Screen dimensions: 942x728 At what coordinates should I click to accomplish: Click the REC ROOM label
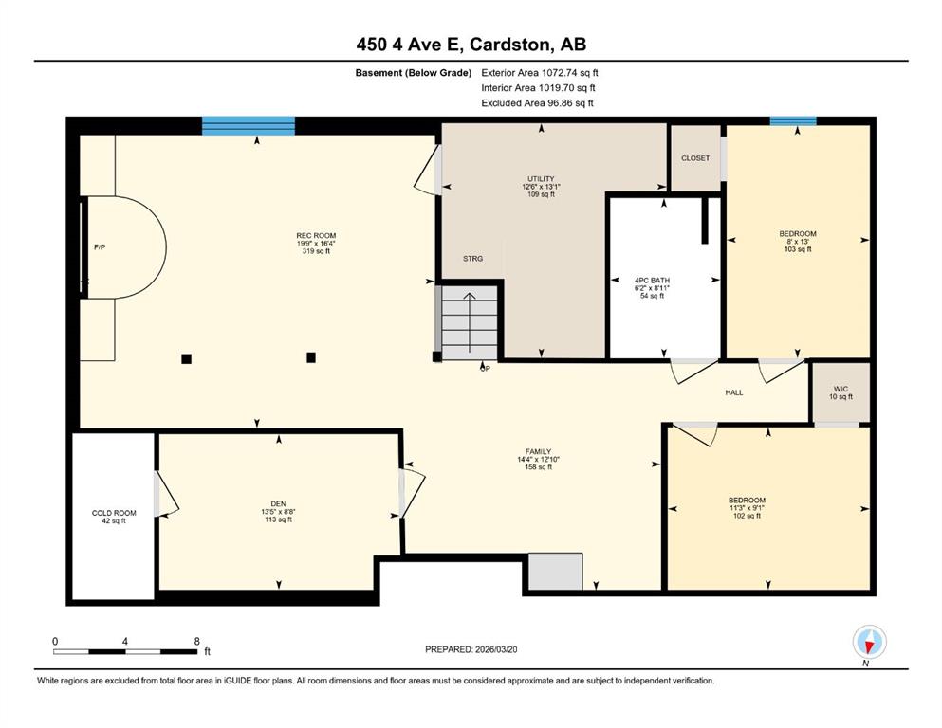[316, 236]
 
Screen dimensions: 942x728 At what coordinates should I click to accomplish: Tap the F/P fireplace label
[100, 247]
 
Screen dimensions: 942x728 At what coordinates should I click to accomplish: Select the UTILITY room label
[541, 179]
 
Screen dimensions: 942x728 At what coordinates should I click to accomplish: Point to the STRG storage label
[472, 259]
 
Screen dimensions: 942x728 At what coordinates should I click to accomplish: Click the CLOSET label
[695, 158]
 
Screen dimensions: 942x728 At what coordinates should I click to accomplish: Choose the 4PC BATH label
[652, 281]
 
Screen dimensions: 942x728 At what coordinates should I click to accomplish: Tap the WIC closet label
[841, 389]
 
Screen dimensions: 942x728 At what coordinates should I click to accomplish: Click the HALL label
[734, 392]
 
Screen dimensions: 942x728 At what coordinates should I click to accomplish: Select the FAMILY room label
[538, 452]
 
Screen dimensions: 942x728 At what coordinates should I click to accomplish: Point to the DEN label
[278, 504]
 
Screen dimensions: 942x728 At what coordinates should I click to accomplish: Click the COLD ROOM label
[114, 513]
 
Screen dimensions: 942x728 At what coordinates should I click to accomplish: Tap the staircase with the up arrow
[470, 323]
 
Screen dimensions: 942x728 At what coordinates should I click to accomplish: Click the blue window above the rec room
[249, 125]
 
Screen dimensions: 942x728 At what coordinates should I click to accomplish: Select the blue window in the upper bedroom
[793, 121]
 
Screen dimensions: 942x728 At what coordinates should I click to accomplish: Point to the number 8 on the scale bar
[196, 641]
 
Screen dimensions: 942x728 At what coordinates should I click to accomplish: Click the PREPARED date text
[471, 649]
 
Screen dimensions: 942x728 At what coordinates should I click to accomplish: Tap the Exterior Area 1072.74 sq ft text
[540, 73]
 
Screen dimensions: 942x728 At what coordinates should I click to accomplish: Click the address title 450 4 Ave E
[409, 45]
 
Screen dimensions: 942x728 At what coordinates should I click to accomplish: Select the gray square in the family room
[556, 572]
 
